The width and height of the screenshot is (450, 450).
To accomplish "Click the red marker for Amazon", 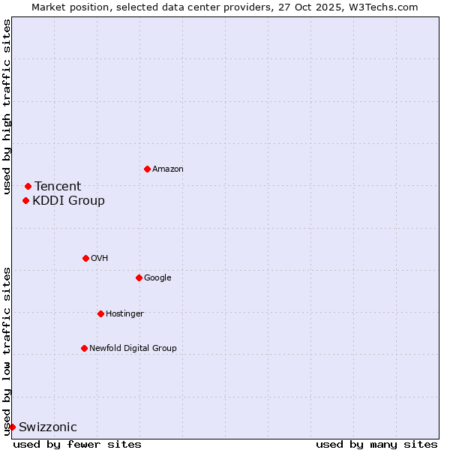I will pos(147,169).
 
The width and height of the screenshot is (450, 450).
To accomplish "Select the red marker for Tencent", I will pos(28,186).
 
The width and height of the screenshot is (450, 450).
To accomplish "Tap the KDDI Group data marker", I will pos(25,200).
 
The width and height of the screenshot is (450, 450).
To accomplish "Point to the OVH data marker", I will pos(85,258).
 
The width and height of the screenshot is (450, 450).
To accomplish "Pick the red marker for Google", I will pos(139,277).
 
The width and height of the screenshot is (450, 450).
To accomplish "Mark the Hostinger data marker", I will pos(100,313).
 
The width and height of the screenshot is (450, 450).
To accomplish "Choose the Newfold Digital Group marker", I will pos(84,348).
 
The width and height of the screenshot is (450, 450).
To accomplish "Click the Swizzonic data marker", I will pos(12,427).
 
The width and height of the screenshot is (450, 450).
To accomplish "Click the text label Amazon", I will pos(168,169).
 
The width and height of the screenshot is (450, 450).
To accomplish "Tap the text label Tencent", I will pos(58,187).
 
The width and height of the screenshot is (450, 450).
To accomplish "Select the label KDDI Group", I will pos(68,201).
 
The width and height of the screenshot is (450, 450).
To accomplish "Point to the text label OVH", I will pos(100,259).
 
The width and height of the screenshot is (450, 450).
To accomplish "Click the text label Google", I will pos(157,278).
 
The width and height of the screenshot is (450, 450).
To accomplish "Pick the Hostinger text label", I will pos(124,314).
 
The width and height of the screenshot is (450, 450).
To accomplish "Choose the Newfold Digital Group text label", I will pos(133,349).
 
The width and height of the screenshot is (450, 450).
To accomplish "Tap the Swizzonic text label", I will pos(47,427).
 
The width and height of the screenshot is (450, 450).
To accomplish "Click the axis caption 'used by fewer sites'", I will pos(77,444).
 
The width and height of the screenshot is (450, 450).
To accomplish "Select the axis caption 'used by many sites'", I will pos(376,444).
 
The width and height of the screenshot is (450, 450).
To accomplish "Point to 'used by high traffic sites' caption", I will pos(7,106).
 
